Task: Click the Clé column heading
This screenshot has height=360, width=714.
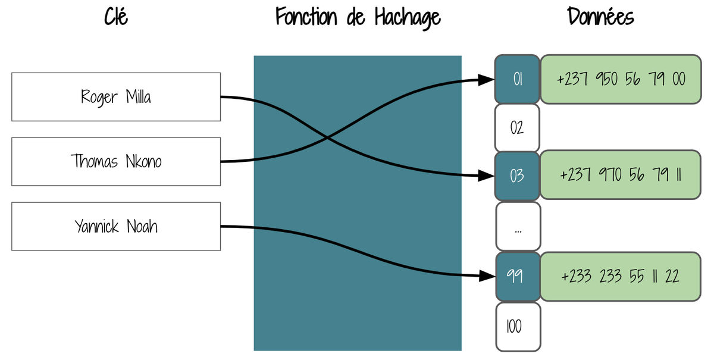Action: point(116,17)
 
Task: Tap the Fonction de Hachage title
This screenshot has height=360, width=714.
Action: point(358,18)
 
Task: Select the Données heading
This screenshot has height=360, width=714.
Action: point(600,17)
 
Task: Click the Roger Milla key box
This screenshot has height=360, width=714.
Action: point(116,97)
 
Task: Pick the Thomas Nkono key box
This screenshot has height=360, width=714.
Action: point(116,162)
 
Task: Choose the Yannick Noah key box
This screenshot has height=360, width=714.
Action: point(116,226)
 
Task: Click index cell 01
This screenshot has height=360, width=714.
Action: point(517,79)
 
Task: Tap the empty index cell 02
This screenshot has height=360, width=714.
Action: point(517,128)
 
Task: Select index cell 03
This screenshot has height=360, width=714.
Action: point(517,176)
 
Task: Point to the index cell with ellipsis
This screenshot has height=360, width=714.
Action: point(518,226)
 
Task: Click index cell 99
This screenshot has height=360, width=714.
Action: point(518,277)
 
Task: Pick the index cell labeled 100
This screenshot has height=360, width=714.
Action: point(518,327)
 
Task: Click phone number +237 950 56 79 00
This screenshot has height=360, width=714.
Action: point(621,79)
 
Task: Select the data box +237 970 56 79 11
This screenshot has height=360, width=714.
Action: point(621,175)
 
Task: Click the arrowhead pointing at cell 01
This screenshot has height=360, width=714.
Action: point(487,80)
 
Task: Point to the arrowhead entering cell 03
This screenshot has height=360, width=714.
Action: point(487,176)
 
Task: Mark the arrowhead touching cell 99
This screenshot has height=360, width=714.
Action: point(488,276)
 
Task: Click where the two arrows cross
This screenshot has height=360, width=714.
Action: point(327,137)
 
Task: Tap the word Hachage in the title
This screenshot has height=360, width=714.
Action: point(408,18)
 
